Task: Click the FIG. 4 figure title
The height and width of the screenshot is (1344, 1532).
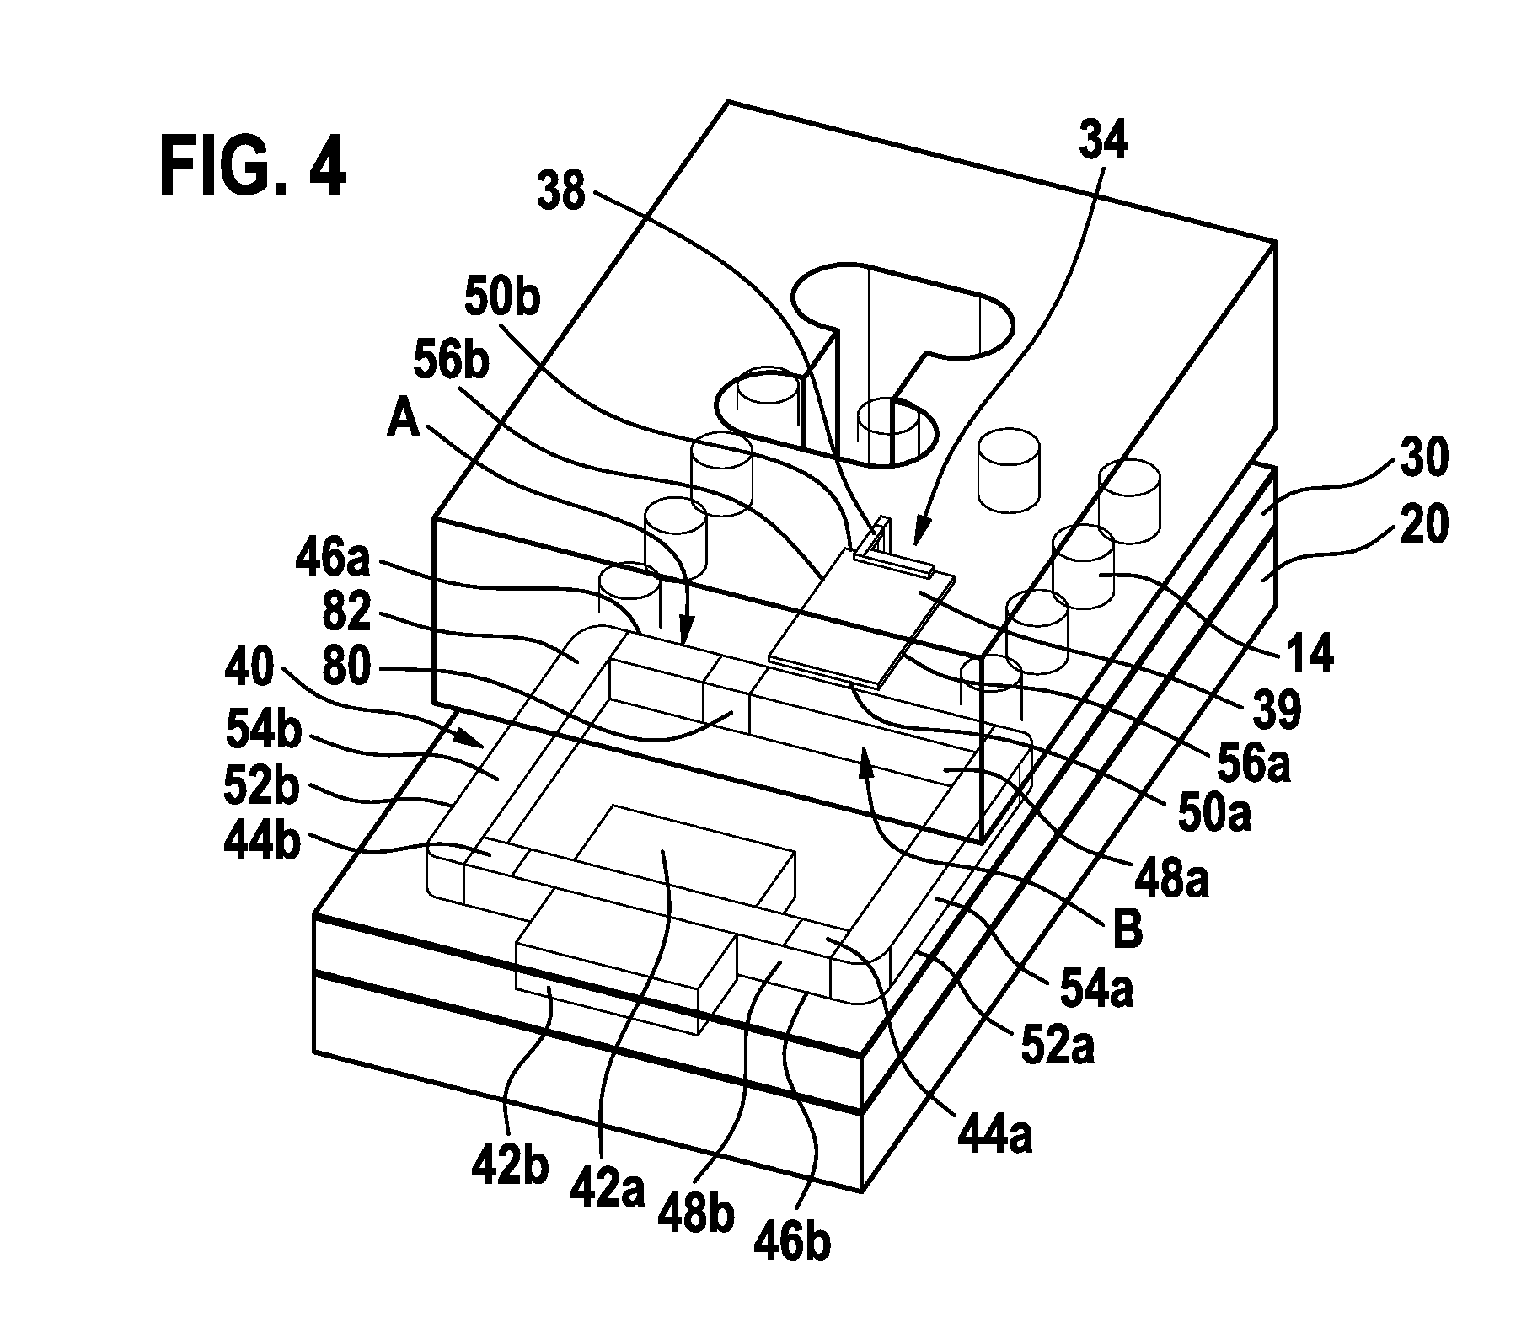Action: pos(253,168)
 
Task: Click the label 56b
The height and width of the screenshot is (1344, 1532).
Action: pos(453,360)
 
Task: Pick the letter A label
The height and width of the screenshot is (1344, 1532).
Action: pos(403,419)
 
